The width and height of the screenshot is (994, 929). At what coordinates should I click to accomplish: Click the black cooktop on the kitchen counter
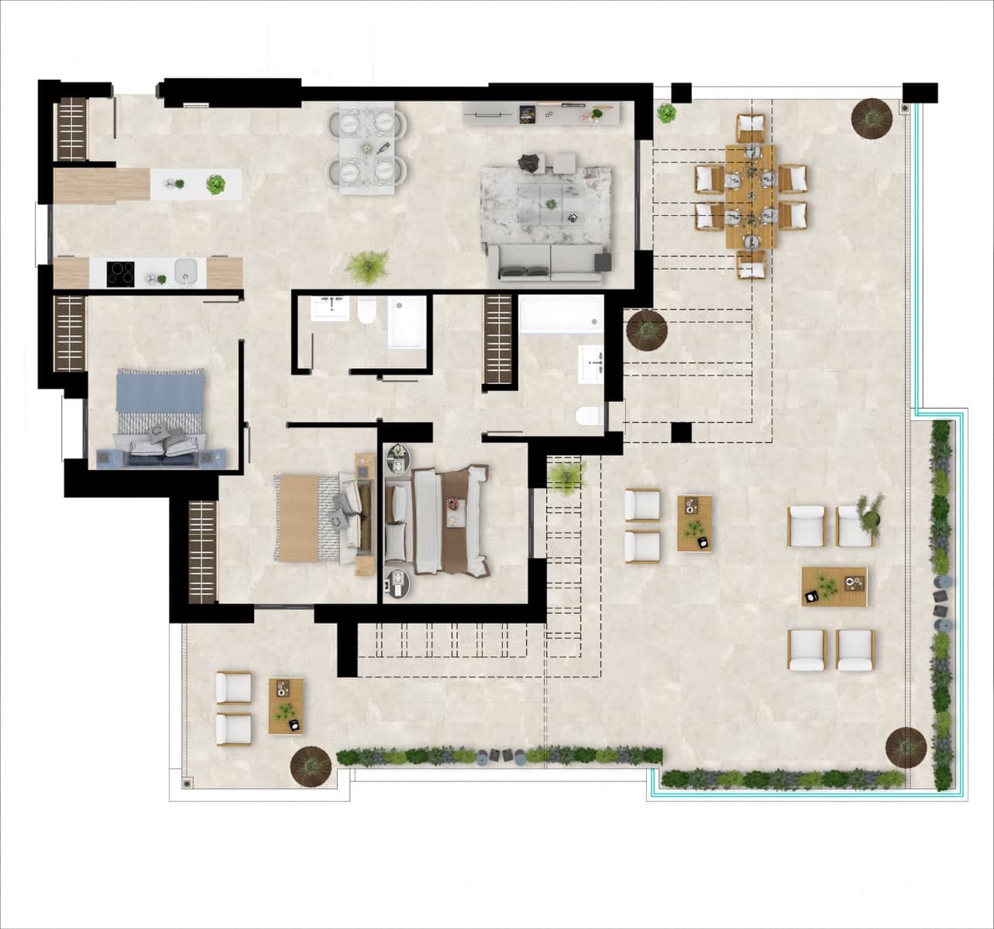120,273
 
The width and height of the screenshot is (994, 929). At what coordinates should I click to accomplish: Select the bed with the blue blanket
160,417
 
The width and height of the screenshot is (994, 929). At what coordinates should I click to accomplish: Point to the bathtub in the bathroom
561,314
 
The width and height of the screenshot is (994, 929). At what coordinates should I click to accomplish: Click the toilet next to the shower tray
366,312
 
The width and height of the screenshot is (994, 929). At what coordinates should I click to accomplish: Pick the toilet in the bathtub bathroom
590,417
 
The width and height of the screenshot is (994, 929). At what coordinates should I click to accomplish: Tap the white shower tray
407,321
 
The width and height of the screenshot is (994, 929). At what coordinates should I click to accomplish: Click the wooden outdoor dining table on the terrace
750,196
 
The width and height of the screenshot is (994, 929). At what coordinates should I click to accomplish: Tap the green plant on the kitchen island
215,184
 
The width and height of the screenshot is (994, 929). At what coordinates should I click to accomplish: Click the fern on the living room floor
366,266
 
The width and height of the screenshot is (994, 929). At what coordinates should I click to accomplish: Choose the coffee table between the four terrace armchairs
834,586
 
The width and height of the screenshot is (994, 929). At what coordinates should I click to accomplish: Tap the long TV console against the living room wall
542,114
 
